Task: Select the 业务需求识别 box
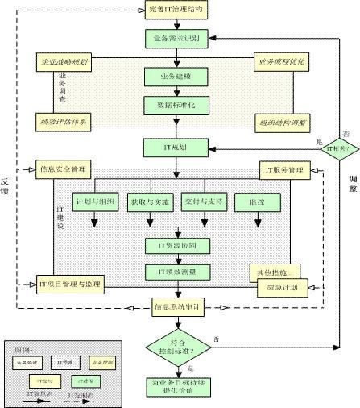[176, 37]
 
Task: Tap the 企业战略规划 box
[64, 62]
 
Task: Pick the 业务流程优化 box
[284, 62]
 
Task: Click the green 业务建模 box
[176, 76]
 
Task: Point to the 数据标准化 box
[176, 105]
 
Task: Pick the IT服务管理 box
[284, 169]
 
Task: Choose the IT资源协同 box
[176, 244]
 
